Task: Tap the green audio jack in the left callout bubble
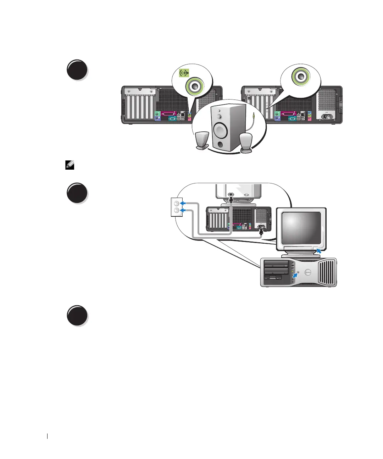click(194, 85)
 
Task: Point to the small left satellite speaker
click(202, 141)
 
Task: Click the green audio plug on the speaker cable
click(255, 115)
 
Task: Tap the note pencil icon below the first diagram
click(70, 165)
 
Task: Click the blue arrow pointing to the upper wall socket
click(183, 203)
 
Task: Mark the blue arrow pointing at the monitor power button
click(319, 251)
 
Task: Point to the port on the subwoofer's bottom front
click(221, 144)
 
